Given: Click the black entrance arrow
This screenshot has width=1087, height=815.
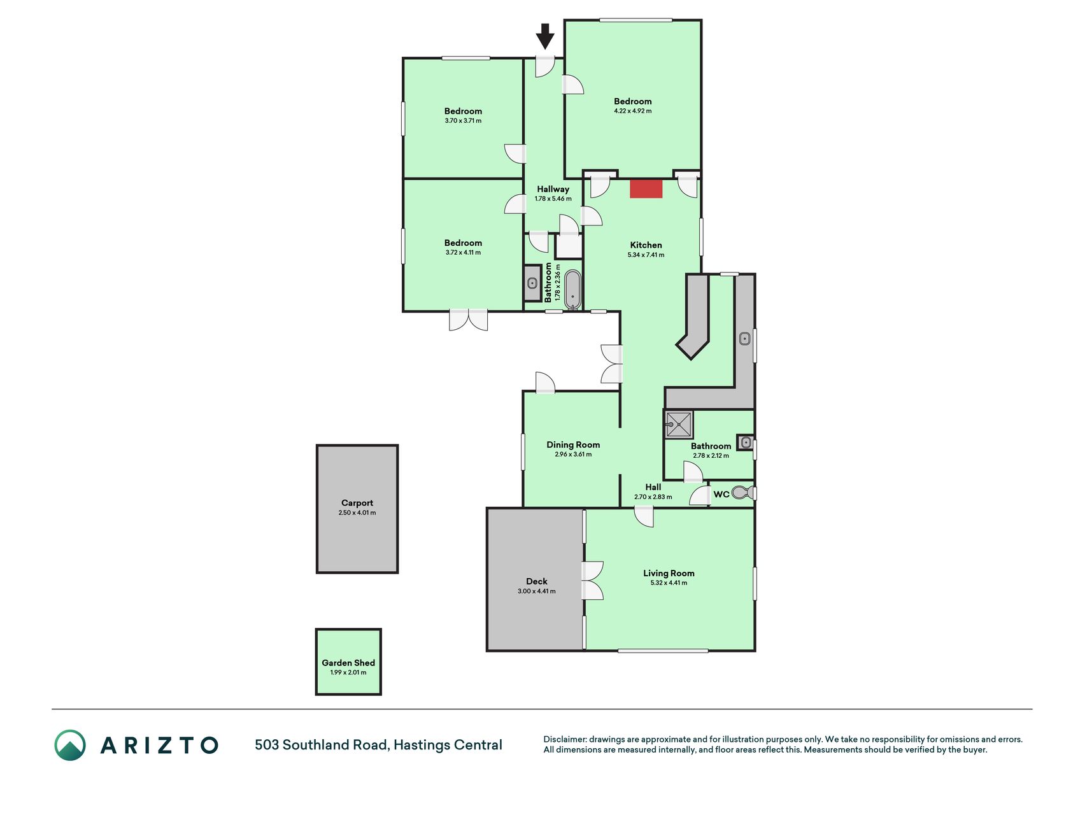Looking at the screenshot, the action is (x=544, y=36).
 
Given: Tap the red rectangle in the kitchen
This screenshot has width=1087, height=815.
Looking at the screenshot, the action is (x=646, y=189).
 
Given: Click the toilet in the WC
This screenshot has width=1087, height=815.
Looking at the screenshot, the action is (x=742, y=492).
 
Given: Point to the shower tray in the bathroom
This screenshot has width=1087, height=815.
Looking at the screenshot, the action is (x=678, y=425).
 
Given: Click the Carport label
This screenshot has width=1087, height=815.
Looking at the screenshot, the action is (x=357, y=503).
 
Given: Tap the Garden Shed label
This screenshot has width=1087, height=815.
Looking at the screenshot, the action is (x=348, y=663).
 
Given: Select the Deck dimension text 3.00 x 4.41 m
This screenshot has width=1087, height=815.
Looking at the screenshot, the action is (x=537, y=592).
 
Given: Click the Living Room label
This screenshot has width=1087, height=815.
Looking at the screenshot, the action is (x=669, y=573).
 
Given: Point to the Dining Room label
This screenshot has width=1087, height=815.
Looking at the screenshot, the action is (x=573, y=445).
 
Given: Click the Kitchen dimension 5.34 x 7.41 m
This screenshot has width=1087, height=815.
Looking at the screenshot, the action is (x=646, y=255).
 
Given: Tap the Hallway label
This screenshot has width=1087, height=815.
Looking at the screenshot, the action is (x=553, y=189).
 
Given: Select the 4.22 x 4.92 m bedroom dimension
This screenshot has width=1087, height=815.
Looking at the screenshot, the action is (x=632, y=111).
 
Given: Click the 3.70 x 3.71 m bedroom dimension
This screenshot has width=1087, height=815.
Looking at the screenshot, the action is (x=463, y=120).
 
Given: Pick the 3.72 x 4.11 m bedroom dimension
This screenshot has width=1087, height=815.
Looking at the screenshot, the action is (x=463, y=252).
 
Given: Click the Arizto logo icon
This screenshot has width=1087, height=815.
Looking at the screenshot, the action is (x=70, y=745).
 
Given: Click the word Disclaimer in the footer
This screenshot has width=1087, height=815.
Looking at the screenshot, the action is (x=565, y=739).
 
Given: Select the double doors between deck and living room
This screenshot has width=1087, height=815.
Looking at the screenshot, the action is (x=593, y=581).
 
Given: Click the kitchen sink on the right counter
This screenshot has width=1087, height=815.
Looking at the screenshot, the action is (x=744, y=339).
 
